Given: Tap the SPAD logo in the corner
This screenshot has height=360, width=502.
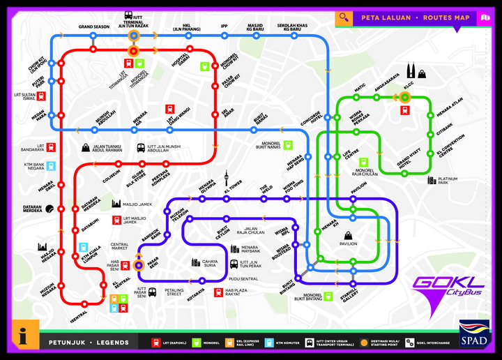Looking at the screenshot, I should [474, 333].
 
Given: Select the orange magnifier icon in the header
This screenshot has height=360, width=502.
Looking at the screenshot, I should [343, 17].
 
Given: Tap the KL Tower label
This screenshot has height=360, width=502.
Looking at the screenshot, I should [232, 188].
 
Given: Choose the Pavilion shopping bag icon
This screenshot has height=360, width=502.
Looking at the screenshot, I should [347, 235].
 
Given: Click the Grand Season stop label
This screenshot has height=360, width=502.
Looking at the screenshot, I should [94, 27].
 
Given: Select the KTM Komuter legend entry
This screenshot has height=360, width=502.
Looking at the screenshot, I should [287, 342].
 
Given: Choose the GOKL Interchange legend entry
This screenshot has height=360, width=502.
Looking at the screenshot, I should [432, 342].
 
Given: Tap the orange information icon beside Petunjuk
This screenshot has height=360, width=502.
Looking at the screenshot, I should [24, 334].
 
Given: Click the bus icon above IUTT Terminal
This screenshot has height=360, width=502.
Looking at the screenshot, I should [129, 15].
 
